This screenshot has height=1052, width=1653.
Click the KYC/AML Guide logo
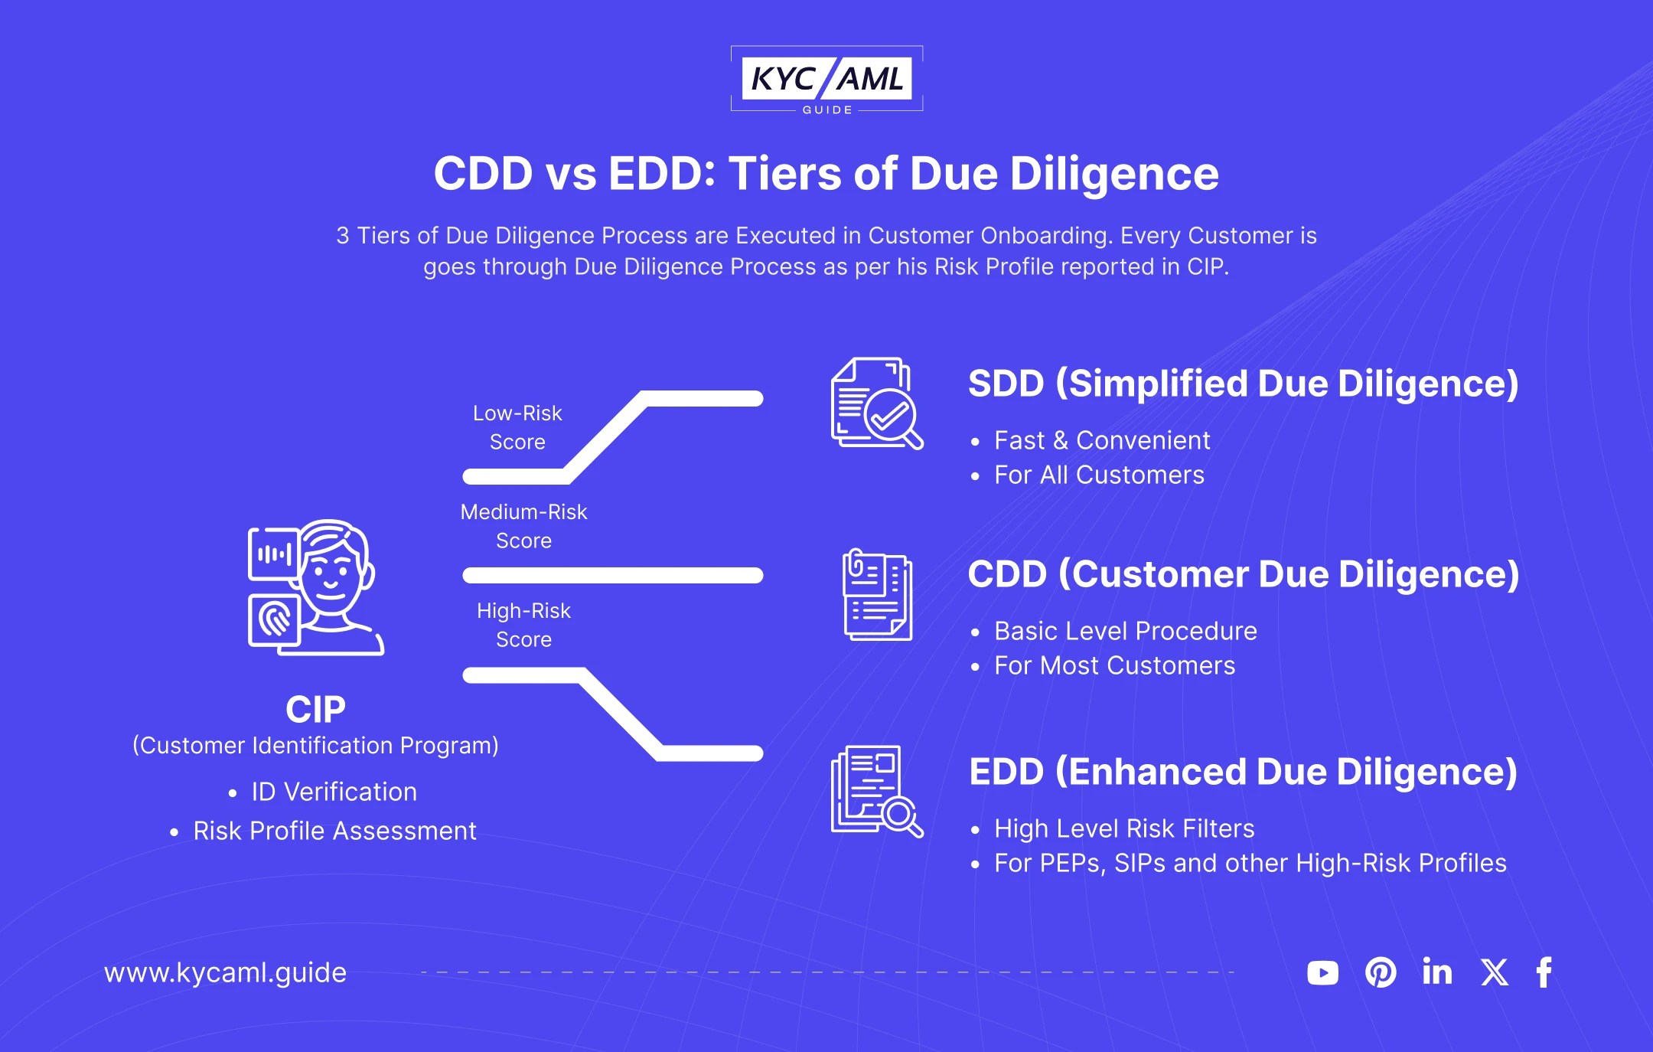click(x=826, y=80)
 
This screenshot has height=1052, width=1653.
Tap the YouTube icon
click(x=1322, y=972)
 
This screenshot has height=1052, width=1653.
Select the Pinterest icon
click(x=1381, y=972)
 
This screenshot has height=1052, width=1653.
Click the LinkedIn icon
click(x=1437, y=972)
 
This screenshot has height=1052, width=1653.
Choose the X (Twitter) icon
click(x=1494, y=972)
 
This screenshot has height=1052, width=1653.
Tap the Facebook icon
click(x=1544, y=972)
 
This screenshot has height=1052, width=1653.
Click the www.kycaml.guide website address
click(x=225, y=972)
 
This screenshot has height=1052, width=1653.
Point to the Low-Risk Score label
click(x=517, y=427)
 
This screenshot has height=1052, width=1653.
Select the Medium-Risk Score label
click(x=523, y=526)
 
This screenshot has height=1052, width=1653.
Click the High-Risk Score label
click(x=523, y=625)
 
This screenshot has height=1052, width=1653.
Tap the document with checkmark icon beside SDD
click(x=877, y=403)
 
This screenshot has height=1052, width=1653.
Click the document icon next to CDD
click(x=877, y=595)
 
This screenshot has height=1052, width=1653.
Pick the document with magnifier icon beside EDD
click(x=877, y=791)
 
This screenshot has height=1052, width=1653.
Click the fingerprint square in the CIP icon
click(x=273, y=619)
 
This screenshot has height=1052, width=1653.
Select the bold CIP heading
click(x=315, y=709)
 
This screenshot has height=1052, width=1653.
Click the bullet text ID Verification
click(x=334, y=792)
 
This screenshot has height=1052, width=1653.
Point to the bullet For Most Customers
click(x=1114, y=665)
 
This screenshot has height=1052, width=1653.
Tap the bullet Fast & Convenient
click(x=1102, y=440)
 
